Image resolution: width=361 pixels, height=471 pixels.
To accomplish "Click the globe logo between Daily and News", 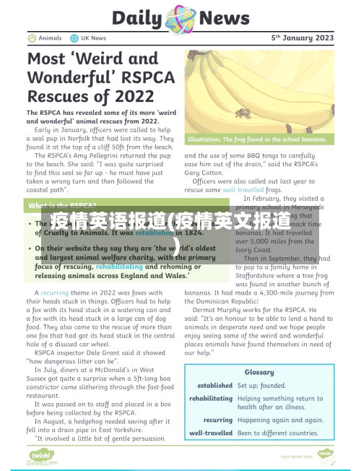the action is click(x=179, y=17).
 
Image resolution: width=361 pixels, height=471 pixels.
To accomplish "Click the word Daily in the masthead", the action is click(x=138, y=17).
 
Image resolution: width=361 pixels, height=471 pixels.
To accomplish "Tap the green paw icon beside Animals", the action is click(x=32, y=38).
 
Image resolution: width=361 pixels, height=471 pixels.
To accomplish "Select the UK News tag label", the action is click(x=93, y=38).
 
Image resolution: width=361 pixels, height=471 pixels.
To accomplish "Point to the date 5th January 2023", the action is click(x=303, y=38).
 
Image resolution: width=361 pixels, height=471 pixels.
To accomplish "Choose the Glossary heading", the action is click(x=258, y=372).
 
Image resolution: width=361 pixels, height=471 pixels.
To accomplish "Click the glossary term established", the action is click(x=214, y=386).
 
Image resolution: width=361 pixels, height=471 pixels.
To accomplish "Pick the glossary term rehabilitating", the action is click(x=211, y=399).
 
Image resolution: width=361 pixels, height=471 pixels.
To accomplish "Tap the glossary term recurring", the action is click(x=218, y=420).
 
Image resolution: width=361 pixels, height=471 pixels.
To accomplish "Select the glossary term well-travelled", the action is click(x=211, y=433).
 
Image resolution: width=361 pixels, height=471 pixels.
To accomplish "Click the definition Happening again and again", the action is click(x=281, y=420).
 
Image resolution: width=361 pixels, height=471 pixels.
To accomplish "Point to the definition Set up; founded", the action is click(x=262, y=386).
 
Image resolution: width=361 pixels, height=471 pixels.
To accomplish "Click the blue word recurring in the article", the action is click(x=55, y=293).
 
